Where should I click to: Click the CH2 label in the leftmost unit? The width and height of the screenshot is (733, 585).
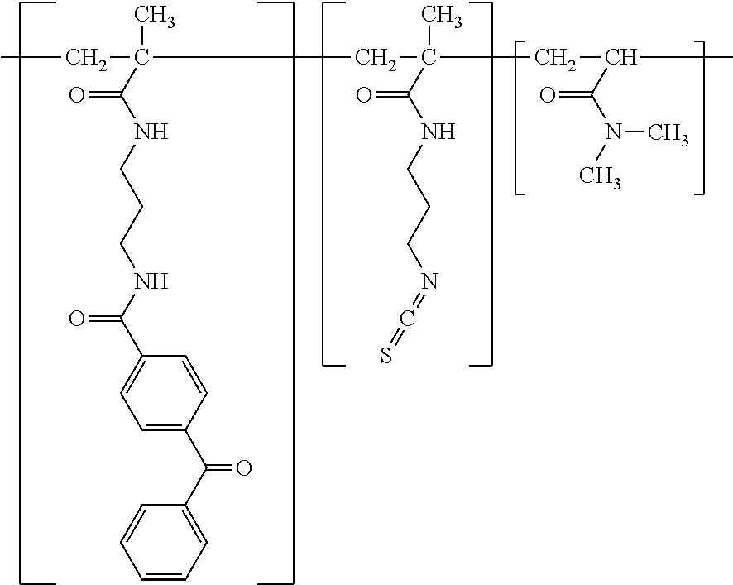click(x=86, y=60)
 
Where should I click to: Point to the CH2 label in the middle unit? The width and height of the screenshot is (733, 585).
click(x=376, y=60)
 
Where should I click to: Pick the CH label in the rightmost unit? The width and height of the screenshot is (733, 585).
click(x=621, y=58)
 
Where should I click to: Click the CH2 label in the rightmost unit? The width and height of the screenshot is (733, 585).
click(x=555, y=60)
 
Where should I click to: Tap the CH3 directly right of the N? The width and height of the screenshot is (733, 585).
click(x=668, y=135)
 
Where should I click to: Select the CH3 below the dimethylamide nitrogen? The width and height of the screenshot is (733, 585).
click(x=601, y=178)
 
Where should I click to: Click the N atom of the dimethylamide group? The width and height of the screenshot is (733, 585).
click(x=613, y=133)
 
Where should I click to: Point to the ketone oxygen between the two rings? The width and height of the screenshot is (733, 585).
click(x=243, y=468)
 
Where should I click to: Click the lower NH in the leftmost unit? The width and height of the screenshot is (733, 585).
click(x=151, y=281)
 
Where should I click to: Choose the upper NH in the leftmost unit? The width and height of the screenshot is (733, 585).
click(x=151, y=132)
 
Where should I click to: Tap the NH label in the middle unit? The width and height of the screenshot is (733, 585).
click(x=438, y=132)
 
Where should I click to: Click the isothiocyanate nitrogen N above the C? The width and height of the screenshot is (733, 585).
click(x=429, y=281)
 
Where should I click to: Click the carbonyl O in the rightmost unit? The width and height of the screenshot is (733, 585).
click(x=548, y=95)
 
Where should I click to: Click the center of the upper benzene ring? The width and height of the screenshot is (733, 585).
click(x=164, y=393)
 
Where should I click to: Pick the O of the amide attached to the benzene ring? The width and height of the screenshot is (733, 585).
click(x=77, y=319)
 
